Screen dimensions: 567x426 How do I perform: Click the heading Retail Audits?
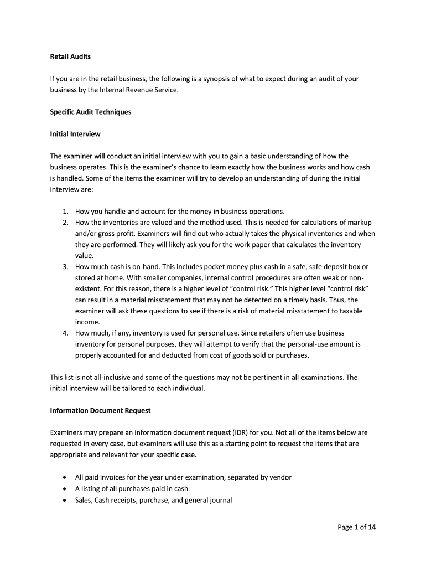coord(70,57)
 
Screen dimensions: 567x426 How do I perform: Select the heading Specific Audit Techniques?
coord(91,112)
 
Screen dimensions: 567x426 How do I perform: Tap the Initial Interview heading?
coord(75,134)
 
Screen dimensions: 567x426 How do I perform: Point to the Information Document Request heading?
coord(100,411)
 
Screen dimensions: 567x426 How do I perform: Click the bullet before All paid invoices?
coord(66,478)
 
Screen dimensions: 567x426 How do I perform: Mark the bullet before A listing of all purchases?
coord(66,489)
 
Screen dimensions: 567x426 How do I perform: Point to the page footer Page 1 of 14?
coord(357,528)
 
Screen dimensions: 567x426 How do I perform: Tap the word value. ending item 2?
coord(84,256)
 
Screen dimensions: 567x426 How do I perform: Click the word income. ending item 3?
coord(87,322)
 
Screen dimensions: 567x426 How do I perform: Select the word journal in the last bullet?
coord(221,500)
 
